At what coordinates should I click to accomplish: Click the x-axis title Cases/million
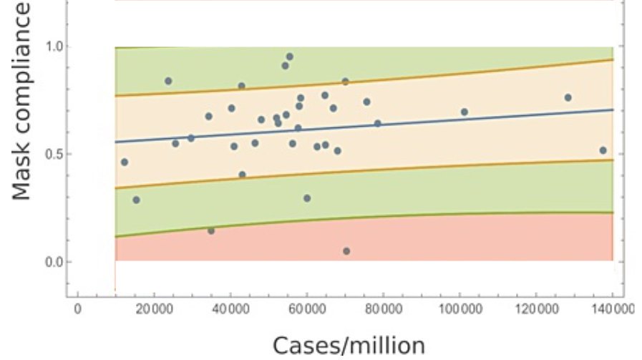pos(349,345)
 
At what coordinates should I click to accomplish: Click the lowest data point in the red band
pos(346,251)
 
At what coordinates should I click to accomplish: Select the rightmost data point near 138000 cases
pos(603,150)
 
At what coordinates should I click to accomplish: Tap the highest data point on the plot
pos(290,57)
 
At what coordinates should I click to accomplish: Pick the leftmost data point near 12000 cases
pos(125,162)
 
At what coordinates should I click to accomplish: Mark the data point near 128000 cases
pos(568,97)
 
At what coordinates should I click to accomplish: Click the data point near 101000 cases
pos(464,112)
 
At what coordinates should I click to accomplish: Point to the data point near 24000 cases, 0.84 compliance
pos(168,81)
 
